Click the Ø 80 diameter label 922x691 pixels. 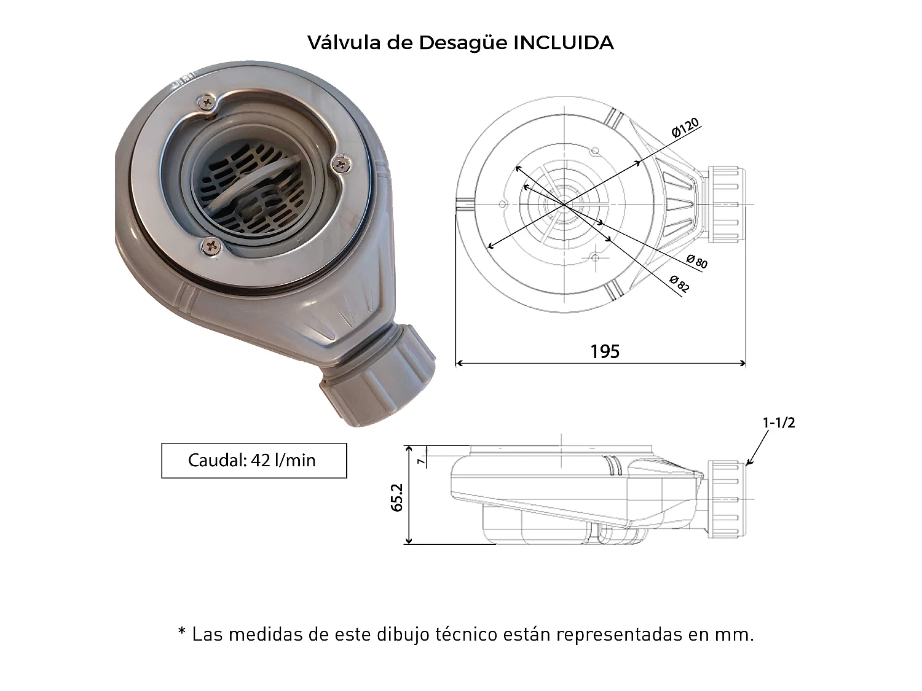697,262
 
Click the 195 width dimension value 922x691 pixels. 605,351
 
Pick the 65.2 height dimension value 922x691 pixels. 396,497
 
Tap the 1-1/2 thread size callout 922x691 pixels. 778,423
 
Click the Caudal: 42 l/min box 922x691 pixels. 254,460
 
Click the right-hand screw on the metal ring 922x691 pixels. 339,162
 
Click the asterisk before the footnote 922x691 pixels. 182,633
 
